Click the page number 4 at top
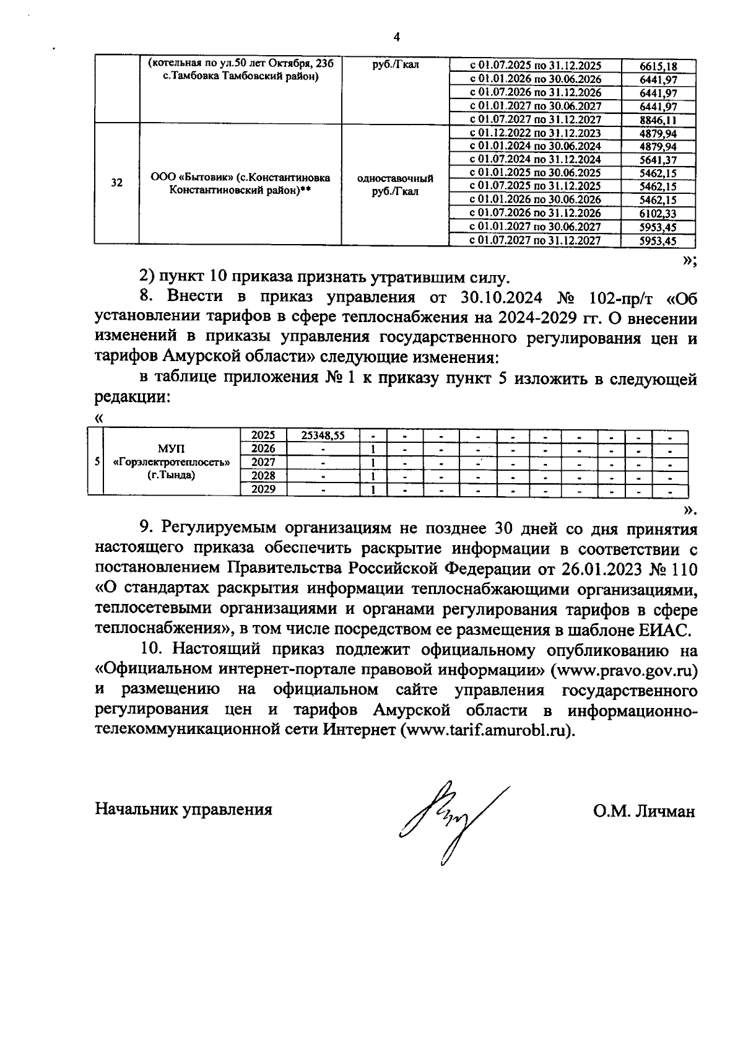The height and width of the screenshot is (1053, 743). coord(396,37)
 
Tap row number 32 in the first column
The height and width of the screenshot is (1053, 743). coord(116,183)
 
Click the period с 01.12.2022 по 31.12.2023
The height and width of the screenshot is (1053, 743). coord(535,133)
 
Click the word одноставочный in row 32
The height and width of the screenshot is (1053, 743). coord(395,178)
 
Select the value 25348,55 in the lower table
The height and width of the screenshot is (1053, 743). coord(322,435)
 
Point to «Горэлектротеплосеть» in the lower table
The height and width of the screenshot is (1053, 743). coord(171,462)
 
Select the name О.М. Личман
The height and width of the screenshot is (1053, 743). coord(643,811)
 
